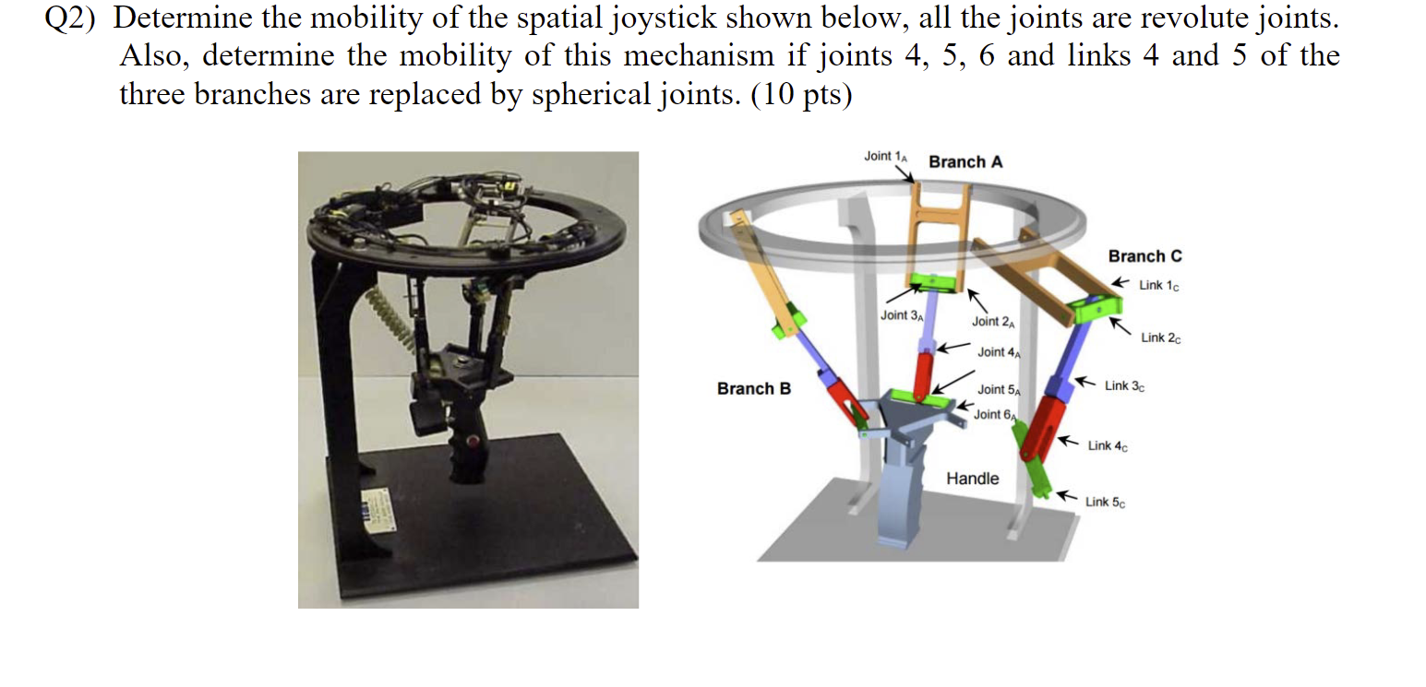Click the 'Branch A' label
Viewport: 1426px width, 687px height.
coord(965,162)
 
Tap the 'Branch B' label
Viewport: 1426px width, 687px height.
coord(753,389)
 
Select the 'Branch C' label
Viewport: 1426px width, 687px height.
coord(1144,256)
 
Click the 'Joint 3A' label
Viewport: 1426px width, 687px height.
coord(901,315)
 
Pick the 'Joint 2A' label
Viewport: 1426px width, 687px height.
coord(993,322)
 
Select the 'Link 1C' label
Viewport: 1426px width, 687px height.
coord(1158,285)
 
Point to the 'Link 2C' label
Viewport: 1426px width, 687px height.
coord(1160,338)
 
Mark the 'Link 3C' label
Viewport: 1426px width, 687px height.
coord(1125,385)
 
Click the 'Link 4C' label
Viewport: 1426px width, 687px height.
coord(1108,446)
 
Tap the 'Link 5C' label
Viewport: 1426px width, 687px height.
coord(1105,503)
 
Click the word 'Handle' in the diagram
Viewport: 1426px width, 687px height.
coord(972,479)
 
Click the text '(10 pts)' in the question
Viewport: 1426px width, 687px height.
coord(803,95)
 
